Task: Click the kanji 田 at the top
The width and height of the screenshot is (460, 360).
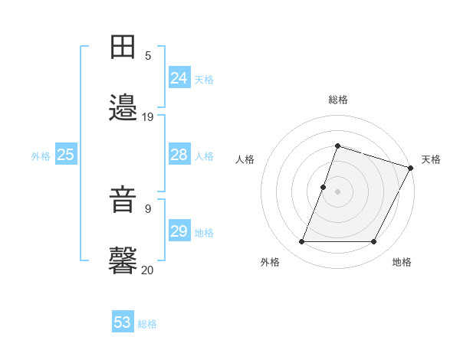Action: pyautogui.click(x=124, y=46)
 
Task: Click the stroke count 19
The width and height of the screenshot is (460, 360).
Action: pyautogui.click(x=148, y=116)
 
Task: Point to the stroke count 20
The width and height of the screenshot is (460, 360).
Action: pyautogui.click(x=148, y=270)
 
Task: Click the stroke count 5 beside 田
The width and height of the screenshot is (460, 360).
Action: pyautogui.click(x=148, y=55)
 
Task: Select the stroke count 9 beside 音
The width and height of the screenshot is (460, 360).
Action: pyautogui.click(x=148, y=208)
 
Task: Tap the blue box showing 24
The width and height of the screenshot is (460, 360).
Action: pyautogui.click(x=179, y=78)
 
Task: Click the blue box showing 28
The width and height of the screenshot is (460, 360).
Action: pyautogui.click(x=179, y=155)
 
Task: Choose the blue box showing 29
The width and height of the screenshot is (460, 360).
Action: pyautogui.click(x=179, y=231)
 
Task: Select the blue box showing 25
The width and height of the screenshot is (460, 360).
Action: pyautogui.click(x=65, y=155)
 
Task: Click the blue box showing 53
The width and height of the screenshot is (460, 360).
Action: pyautogui.click(x=123, y=322)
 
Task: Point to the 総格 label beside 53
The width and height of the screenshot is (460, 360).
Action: pyautogui.click(x=148, y=324)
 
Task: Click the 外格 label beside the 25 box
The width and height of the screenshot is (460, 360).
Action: pyautogui.click(x=41, y=156)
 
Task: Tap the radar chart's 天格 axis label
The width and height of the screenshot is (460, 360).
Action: pyautogui.click(x=431, y=159)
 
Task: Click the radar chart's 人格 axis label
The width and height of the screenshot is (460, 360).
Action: pyautogui.click(x=245, y=159)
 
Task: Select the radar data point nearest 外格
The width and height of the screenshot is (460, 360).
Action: pyautogui.click(x=301, y=242)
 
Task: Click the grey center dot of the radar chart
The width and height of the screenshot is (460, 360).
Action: pyautogui.click(x=337, y=191)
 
